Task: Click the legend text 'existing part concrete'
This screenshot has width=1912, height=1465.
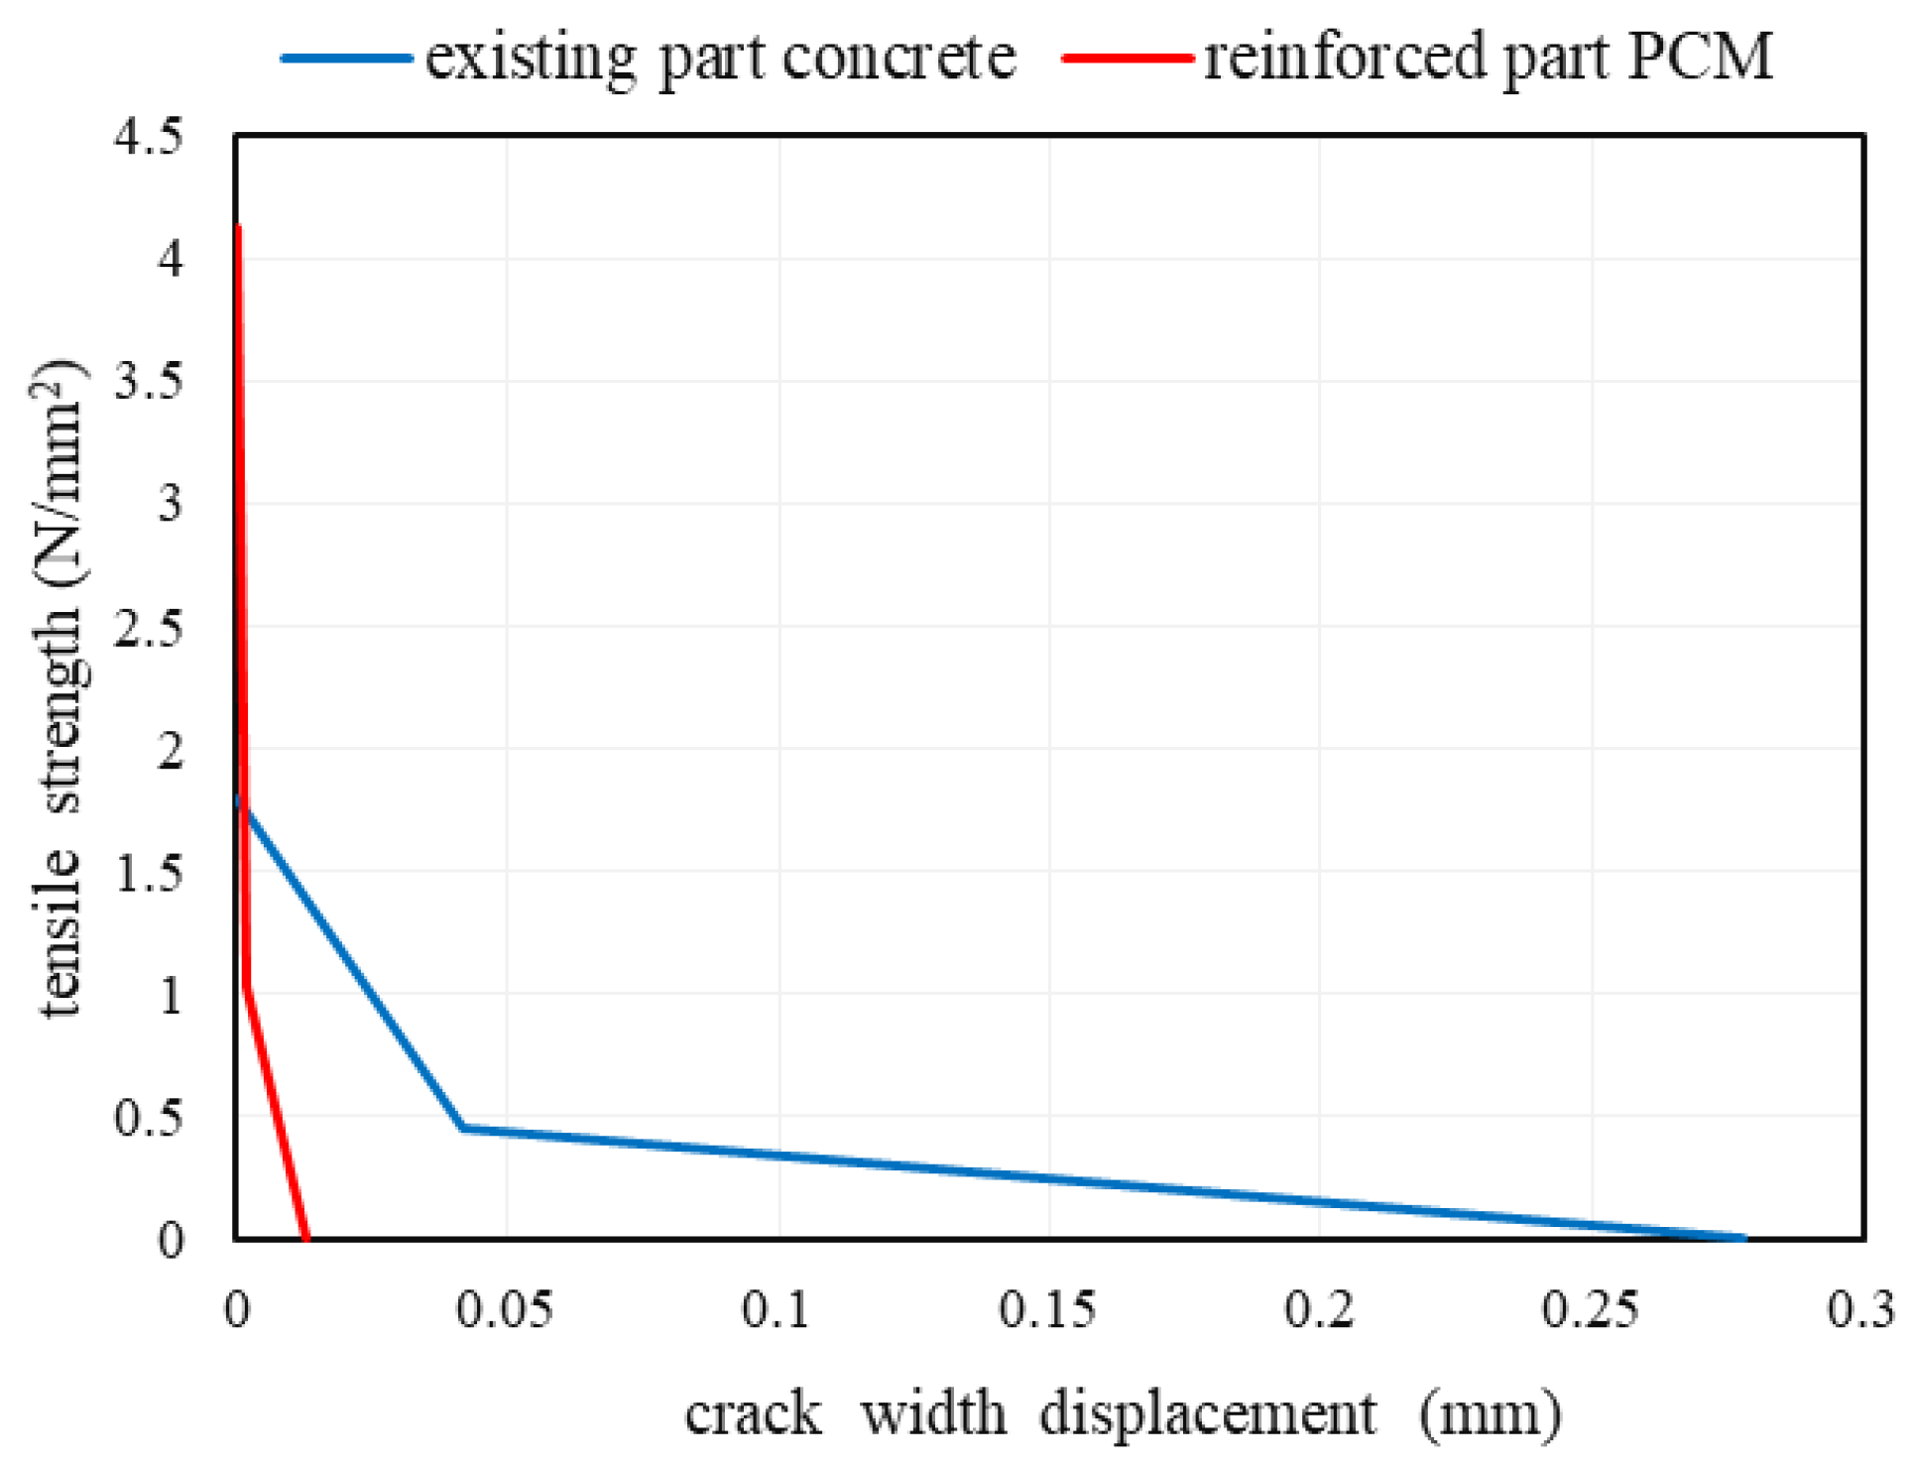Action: click(x=720, y=58)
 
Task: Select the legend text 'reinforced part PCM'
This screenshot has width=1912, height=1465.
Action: click(x=1488, y=58)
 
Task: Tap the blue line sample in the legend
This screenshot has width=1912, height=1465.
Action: click(x=346, y=58)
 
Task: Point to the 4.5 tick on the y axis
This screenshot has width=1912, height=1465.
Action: click(x=149, y=136)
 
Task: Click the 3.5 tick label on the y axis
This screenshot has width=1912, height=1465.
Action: click(x=149, y=382)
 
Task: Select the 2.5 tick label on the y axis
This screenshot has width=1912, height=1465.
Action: click(x=149, y=628)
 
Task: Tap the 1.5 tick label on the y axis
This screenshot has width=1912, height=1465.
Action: click(x=149, y=874)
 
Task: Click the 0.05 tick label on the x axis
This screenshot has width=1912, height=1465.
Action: click(x=505, y=1310)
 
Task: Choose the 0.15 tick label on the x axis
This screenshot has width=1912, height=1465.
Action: click(x=1047, y=1310)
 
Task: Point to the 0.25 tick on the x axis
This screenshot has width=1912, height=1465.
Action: click(x=1590, y=1310)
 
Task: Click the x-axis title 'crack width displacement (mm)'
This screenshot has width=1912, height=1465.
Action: click(x=1123, y=1412)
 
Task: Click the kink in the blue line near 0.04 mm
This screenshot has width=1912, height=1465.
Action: click(x=463, y=1128)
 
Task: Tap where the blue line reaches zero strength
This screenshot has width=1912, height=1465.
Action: click(x=1743, y=1238)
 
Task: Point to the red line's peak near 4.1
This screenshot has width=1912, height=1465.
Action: click(x=238, y=228)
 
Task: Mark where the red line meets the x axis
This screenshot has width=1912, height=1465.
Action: click(x=306, y=1238)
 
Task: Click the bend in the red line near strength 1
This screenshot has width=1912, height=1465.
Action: click(x=246, y=985)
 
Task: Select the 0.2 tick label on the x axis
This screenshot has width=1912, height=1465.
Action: click(x=1319, y=1310)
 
